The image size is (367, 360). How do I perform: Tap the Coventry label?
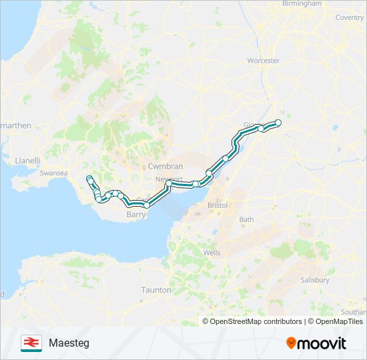click(x=349, y=17)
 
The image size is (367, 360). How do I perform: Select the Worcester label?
click(x=263, y=61)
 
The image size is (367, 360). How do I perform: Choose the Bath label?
click(x=247, y=219)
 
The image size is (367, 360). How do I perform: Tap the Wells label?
click(x=212, y=253)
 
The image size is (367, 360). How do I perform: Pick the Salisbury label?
click(x=314, y=280)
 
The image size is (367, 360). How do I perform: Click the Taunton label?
click(x=156, y=290)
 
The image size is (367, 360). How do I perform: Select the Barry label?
click(x=136, y=215)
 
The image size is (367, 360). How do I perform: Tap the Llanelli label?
click(x=28, y=161)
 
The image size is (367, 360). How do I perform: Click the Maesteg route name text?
click(x=69, y=343)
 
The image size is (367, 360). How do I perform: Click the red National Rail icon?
click(x=31, y=343)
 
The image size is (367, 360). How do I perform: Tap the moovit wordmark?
click(x=322, y=343)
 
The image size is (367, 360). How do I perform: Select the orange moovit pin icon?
click(x=292, y=343)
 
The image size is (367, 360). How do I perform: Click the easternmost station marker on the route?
click(x=278, y=122)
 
